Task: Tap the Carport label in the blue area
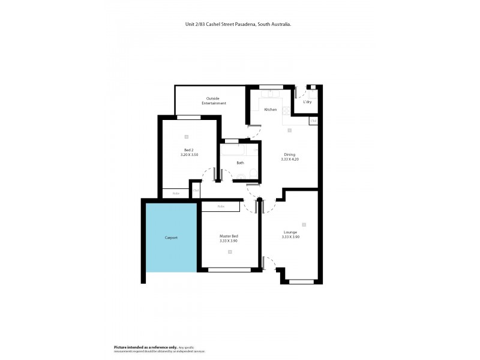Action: [171, 238]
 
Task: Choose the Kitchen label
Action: [271, 109]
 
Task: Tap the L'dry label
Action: [307, 102]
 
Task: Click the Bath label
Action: [240, 163]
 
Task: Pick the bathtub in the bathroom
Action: [233, 151]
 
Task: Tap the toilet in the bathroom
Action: [253, 175]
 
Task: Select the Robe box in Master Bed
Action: [221, 206]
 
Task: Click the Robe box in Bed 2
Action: [176, 193]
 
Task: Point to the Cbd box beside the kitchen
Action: [313, 121]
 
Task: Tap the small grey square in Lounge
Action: [304, 225]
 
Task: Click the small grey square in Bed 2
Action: [187, 136]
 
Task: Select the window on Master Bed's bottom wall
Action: [229, 269]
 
